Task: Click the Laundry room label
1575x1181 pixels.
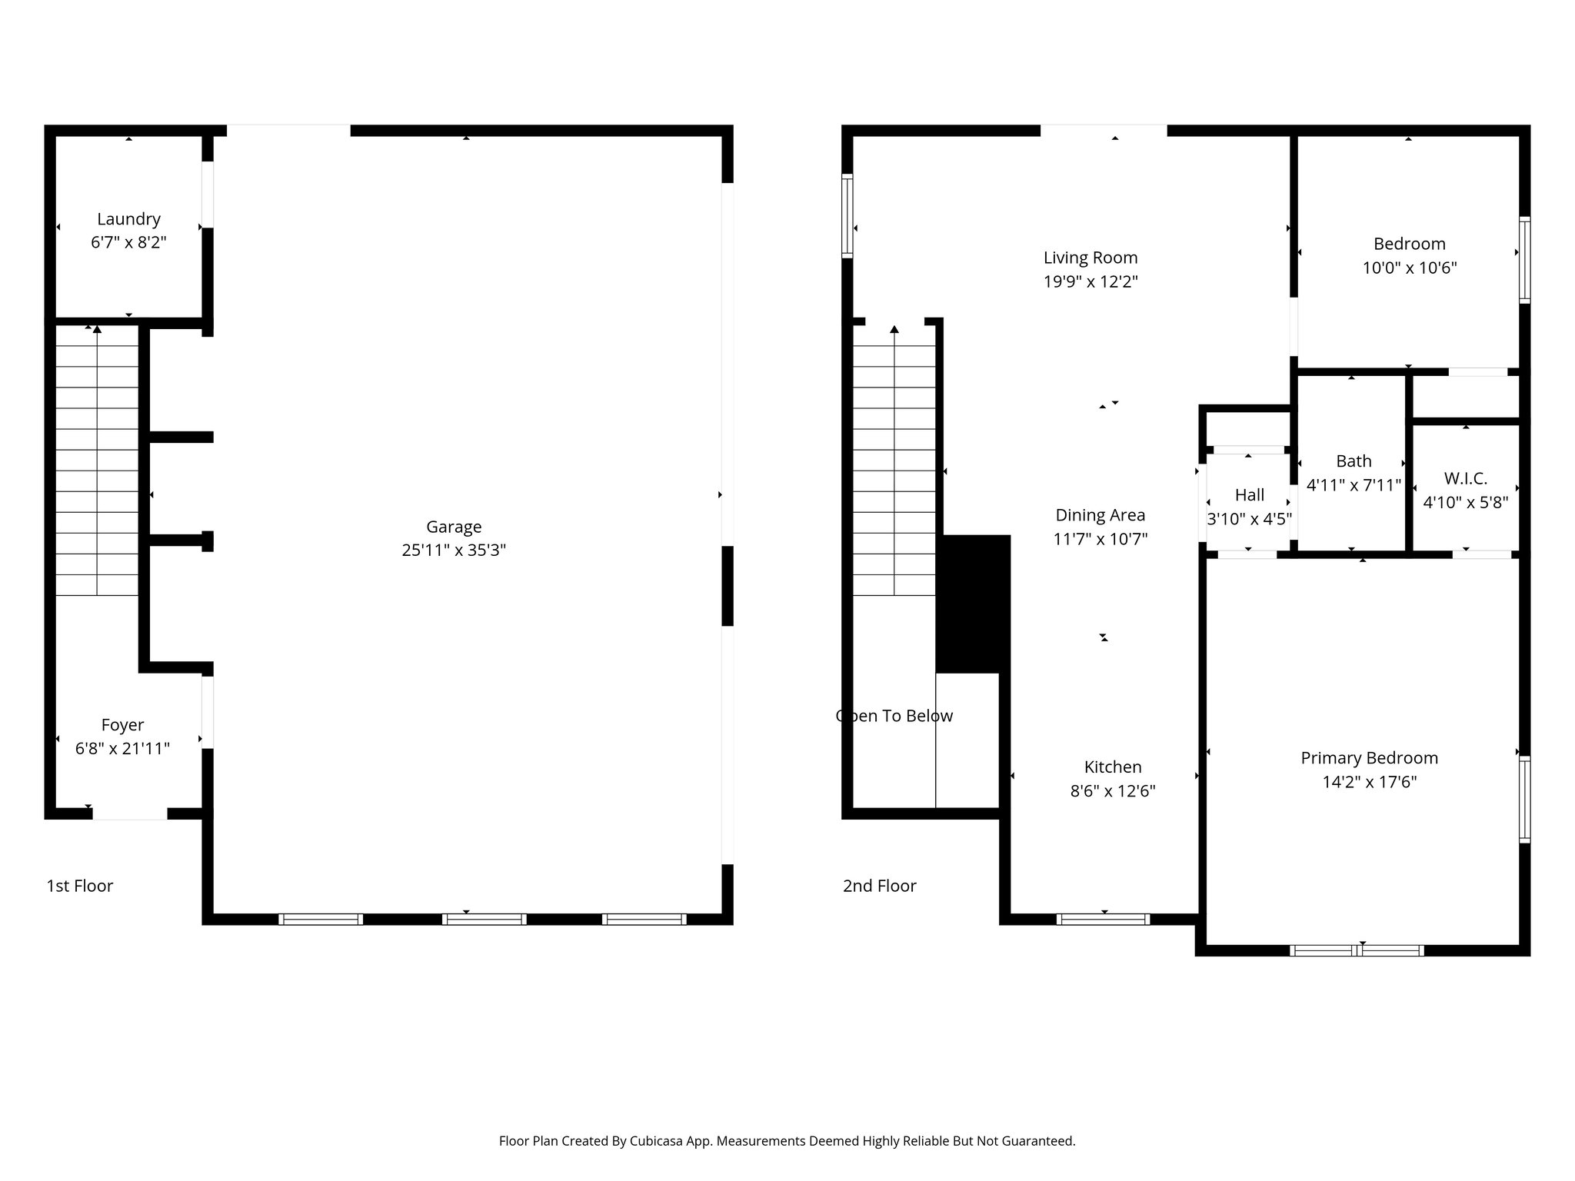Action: tap(128, 219)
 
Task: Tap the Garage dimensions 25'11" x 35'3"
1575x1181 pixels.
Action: tap(454, 551)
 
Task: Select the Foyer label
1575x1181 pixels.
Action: tap(122, 725)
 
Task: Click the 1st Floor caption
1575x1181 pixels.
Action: tap(79, 886)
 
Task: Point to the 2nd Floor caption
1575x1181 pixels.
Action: tap(879, 886)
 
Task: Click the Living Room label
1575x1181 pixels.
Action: tap(1090, 258)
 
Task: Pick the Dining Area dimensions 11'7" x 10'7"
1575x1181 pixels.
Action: tap(1100, 539)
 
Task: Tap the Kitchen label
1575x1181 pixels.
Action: tap(1112, 767)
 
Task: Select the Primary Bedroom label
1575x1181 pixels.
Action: tap(1369, 758)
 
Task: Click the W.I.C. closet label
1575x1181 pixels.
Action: tap(1465, 478)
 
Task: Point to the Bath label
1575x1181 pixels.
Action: tap(1354, 461)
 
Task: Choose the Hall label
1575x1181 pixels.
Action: tap(1249, 495)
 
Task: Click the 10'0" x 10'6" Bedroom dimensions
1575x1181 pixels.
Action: tap(1409, 268)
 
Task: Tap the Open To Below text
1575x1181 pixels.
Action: tap(894, 716)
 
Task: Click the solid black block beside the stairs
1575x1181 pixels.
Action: tap(973, 604)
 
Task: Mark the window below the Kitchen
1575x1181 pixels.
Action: tap(1103, 919)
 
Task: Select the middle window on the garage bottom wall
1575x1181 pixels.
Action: tap(484, 919)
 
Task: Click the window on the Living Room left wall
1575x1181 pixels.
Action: tap(847, 215)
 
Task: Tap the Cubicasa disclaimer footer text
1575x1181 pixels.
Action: tap(787, 1141)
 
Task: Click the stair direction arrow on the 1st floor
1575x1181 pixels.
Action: tap(97, 330)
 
